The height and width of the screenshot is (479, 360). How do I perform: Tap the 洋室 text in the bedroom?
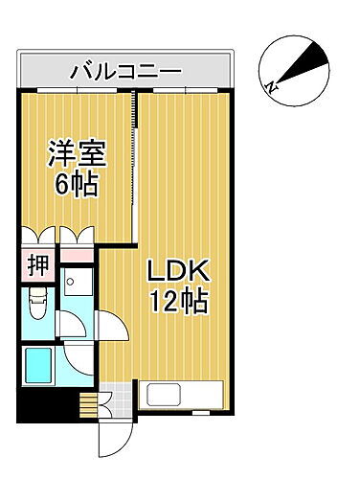(x=77, y=153)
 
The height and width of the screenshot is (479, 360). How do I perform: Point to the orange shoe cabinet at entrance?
(x=88, y=403)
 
